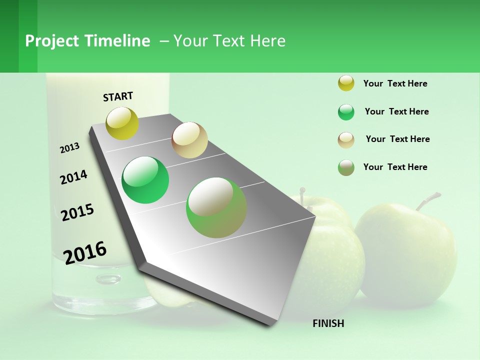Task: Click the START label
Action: (118, 96)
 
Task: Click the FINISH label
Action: (328, 323)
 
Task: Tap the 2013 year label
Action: (69, 147)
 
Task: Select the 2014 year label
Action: (73, 177)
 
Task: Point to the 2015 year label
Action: (77, 212)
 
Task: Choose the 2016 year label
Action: (85, 252)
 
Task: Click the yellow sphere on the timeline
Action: (122, 123)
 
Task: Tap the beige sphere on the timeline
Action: (189, 140)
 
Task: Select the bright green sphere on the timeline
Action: (145, 180)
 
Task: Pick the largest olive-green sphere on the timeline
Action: (216, 207)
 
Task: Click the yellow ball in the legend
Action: (346, 83)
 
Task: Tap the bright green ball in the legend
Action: (346, 112)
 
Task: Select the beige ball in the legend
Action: (346, 139)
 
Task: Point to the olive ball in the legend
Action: (346, 167)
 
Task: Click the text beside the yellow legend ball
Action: (395, 83)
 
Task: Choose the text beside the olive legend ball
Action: (395, 167)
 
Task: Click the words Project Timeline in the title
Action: (87, 41)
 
